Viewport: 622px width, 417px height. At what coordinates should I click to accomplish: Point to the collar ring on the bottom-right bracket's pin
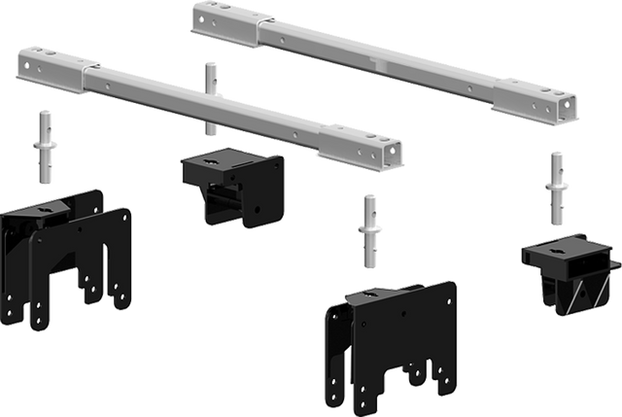370,231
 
